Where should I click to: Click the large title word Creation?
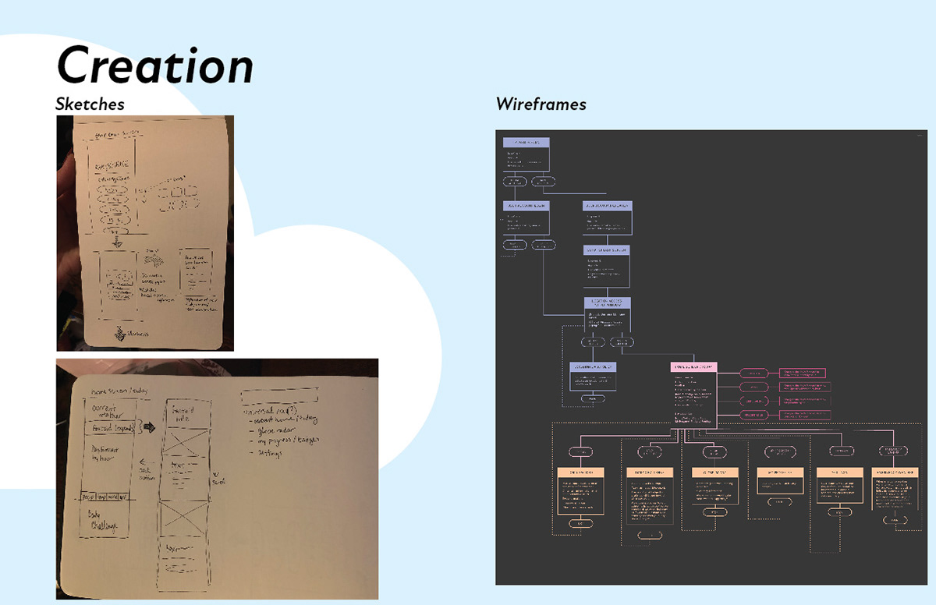(156, 65)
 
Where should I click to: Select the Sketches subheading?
(90, 104)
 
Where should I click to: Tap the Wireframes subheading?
(541, 104)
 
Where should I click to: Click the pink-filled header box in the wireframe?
(693, 366)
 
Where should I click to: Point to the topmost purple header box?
(526, 143)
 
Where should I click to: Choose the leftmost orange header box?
(581, 472)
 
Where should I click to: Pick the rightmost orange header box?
(894, 472)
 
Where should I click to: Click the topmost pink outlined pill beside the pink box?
(753, 373)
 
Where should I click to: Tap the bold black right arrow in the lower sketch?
(149, 427)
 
